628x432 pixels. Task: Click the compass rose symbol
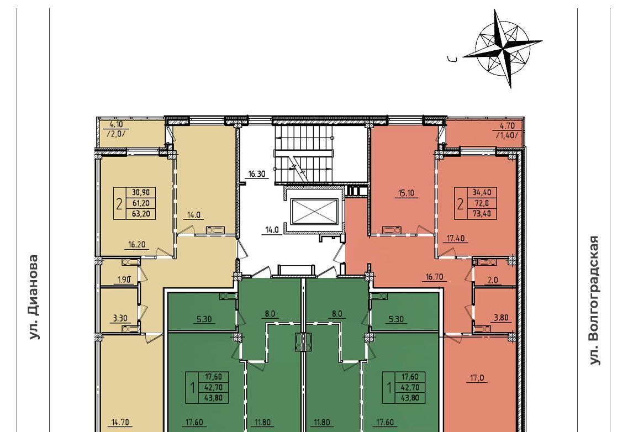pyautogui.click(x=503, y=49)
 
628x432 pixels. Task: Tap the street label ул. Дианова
pyautogui.click(x=34, y=297)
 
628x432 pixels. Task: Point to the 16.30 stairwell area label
pyautogui.click(x=257, y=174)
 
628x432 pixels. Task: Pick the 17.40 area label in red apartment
pyautogui.click(x=456, y=239)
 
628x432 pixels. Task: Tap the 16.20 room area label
pyautogui.click(x=136, y=245)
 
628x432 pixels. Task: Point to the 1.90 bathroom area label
pyautogui.click(x=124, y=280)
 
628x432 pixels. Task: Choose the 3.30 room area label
pyautogui.click(x=120, y=319)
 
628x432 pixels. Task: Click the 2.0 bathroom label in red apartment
pyautogui.click(x=493, y=280)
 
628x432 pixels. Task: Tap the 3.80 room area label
pyautogui.click(x=500, y=318)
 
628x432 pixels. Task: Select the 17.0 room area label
pyautogui.click(x=477, y=377)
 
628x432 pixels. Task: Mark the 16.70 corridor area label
pyautogui.click(x=434, y=277)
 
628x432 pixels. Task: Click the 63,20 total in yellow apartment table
pyautogui.click(x=141, y=214)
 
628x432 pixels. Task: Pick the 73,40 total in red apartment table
pyautogui.click(x=482, y=214)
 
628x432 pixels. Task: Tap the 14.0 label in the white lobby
pyautogui.click(x=272, y=230)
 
